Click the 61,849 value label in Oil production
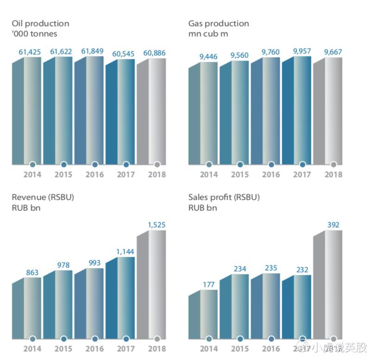coord(93,51)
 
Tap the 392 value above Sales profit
coord(333,225)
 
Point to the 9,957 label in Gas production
coord(302,51)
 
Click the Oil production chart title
coord(40,23)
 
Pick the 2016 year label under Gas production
coord(271,175)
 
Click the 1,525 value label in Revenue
coord(157,225)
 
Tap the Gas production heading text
coord(218,23)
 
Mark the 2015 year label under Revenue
coord(63,348)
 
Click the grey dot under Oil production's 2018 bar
coord(157,164)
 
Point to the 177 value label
coord(209,284)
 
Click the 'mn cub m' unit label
coord(208,34)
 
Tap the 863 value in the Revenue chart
coord(32,272)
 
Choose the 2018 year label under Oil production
coord(157,175)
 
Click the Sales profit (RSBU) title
coord(224,197)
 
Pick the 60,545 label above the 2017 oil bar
coord(124,54)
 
